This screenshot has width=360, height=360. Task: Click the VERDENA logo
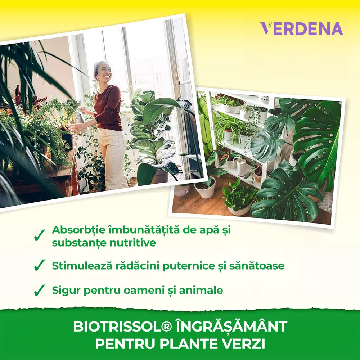click(x=301, y=28)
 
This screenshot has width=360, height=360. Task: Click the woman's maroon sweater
click(x=108, y=108)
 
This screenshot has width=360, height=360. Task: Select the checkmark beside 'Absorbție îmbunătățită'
click(x=39, y=235)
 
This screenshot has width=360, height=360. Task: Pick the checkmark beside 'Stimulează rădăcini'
click(x=39, y=265)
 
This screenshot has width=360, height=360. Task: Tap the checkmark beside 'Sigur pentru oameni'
click(x=39, y=290)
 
